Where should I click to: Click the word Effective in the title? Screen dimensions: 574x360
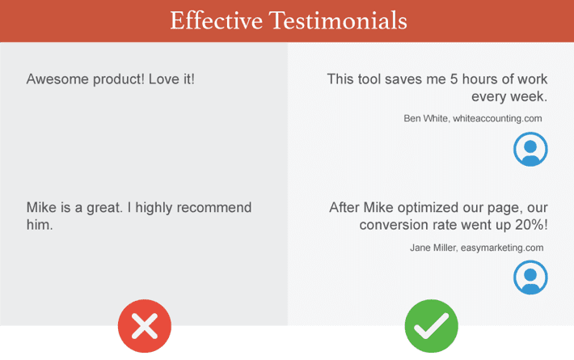(217, 20)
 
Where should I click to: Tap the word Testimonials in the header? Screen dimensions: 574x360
(338, 20)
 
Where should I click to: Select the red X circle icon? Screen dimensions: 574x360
(145, 326)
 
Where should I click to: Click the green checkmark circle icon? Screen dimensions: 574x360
(432, 326)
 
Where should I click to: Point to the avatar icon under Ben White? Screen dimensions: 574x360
(530, 150)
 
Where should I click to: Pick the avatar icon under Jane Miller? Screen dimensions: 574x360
(530, 277)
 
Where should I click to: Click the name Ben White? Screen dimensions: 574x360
(427, 119)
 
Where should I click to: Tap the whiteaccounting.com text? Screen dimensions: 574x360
(497, 119)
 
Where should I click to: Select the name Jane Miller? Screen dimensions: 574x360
(434, 248)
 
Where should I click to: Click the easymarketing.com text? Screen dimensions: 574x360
(502, 248)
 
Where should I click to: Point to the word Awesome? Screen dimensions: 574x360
(57, 79)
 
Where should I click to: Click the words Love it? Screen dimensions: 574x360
(171, 79)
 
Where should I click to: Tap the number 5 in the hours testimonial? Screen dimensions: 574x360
(454, 79)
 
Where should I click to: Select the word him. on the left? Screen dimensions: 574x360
(40, 225)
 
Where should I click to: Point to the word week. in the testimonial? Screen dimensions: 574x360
(529, 97)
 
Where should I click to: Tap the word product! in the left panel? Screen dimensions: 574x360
(119, 79)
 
